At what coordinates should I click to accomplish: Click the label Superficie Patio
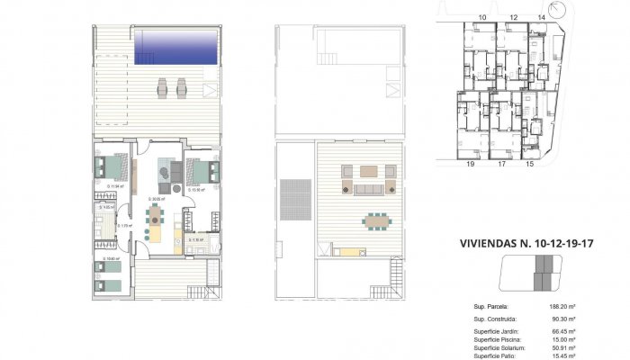[496, 355]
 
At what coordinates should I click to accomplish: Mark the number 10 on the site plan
[482, 17]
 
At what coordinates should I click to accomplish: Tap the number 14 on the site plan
[540, 17]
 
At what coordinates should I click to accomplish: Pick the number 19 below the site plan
[470, 165]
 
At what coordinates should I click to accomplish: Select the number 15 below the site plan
[529, 165]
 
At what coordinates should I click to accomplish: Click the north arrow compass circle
[563, 11]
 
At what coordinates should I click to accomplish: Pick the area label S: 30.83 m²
[155, 197]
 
